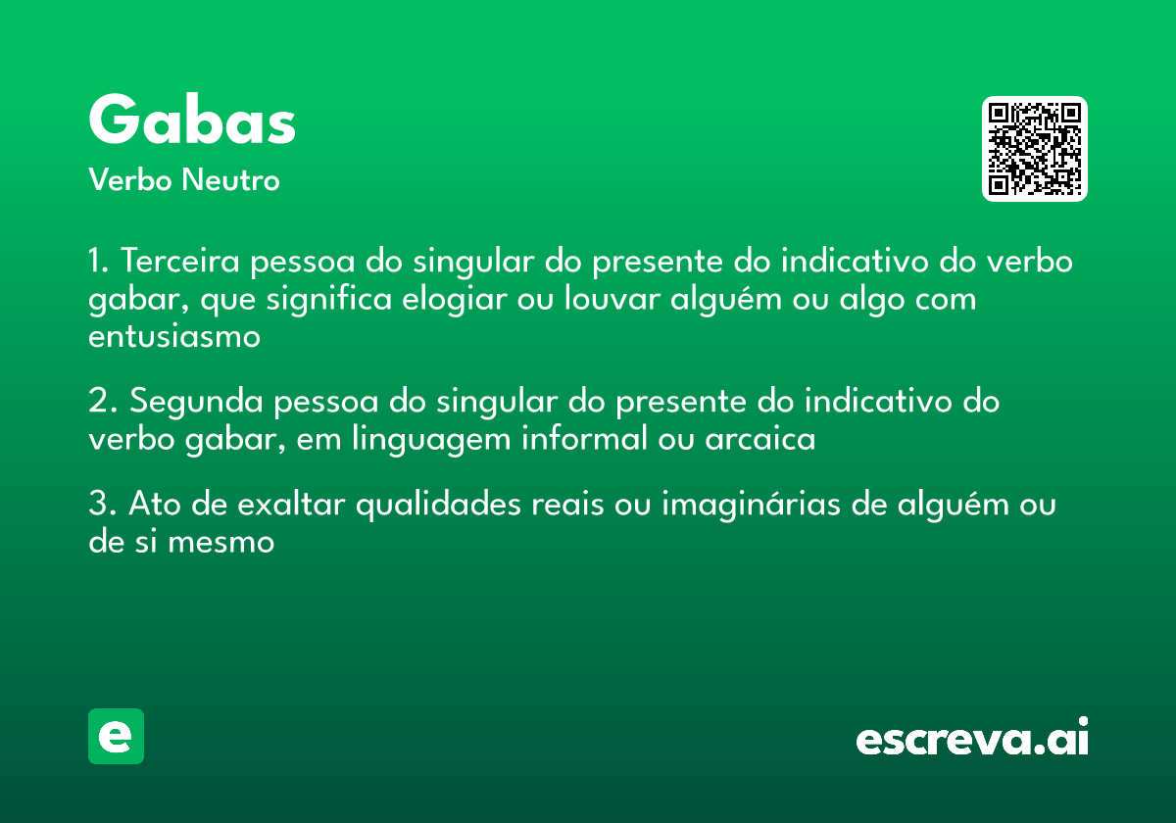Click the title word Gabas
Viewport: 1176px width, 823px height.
192,121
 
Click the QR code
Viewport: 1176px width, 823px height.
1035,149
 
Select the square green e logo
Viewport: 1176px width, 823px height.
116,736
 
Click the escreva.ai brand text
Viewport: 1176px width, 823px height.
972,738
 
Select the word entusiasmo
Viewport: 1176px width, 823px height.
174,336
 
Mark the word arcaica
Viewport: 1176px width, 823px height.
760,439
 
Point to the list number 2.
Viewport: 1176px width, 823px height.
102,402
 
